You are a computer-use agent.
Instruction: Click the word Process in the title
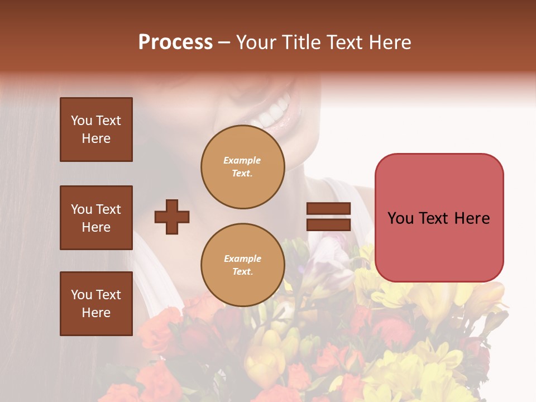click(175, 42)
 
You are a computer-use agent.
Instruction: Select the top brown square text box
click(96, 130)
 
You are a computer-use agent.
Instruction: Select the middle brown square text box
click(96, 218)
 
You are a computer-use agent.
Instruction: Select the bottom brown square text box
click(96, 303)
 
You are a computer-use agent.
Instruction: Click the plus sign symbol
click(172, 217)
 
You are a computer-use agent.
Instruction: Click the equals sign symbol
click(329, 217)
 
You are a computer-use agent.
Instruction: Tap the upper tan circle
click(243, 167)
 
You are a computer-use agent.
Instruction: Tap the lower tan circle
click(243, 265)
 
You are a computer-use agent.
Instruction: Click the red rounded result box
click(439, 218)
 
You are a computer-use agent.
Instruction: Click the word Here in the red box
click(471, 218)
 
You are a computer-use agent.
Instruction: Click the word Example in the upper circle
click(242, 160)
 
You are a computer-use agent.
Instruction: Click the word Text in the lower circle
click(242, 272)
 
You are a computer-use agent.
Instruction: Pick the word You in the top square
click(82, 121)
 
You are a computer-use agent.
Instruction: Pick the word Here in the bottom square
click(96, 313)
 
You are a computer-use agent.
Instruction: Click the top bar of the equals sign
click(329, 209)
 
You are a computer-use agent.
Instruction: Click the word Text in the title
click(348, 42)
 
